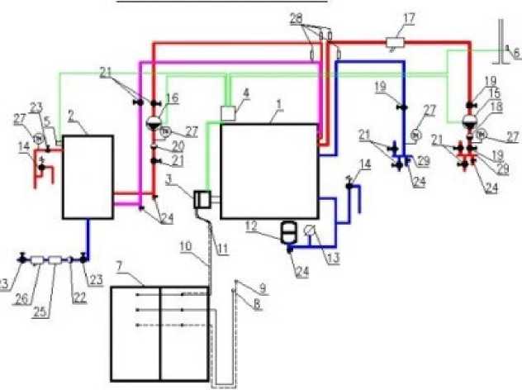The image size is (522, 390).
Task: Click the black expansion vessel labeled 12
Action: pyautogui.click(x=289, y=230)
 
